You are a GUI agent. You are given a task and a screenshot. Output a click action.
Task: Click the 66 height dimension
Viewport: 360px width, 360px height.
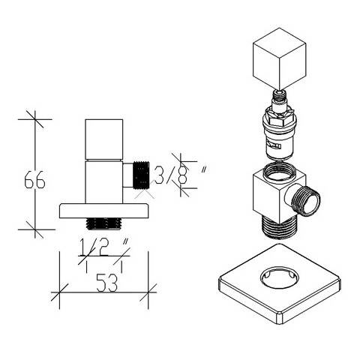tap(34, 179)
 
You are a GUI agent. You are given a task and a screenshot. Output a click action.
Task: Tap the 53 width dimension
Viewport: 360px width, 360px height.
tap(107, 283)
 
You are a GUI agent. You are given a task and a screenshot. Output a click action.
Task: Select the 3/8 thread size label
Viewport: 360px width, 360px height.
tap(171, 175)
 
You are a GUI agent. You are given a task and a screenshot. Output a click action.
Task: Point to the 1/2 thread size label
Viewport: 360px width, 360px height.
tap(94, 247)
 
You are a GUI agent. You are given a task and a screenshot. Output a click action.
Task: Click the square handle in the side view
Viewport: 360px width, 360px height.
tap(103, 139)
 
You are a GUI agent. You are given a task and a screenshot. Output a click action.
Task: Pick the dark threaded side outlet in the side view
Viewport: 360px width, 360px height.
tap(142, 175)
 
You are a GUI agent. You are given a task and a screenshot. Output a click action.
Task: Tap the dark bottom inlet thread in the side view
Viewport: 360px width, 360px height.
tap(103, 223)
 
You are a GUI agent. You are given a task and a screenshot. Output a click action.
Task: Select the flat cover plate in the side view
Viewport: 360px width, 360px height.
tap(103, 211)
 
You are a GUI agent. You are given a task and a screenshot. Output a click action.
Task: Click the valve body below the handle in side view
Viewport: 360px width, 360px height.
tap(103, 181)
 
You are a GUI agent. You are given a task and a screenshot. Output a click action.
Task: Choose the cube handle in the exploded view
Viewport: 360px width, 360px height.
tap(280, 58)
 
